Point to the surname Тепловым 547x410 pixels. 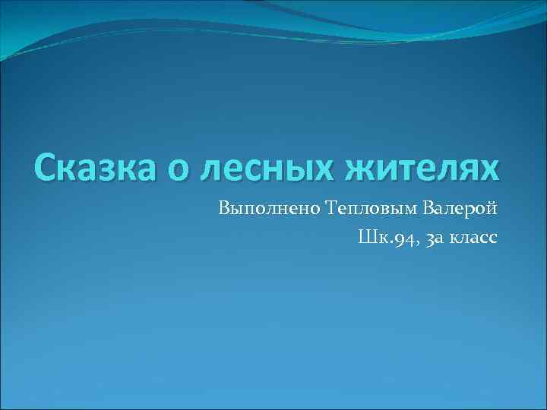(369, 207)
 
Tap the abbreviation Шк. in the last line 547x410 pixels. (371, 238)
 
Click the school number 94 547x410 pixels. (401, 239)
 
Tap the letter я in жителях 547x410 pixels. (473, 170)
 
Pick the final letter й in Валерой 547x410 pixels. (492, 207)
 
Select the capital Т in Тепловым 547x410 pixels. (332, 207)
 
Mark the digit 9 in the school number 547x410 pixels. (395, 240)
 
